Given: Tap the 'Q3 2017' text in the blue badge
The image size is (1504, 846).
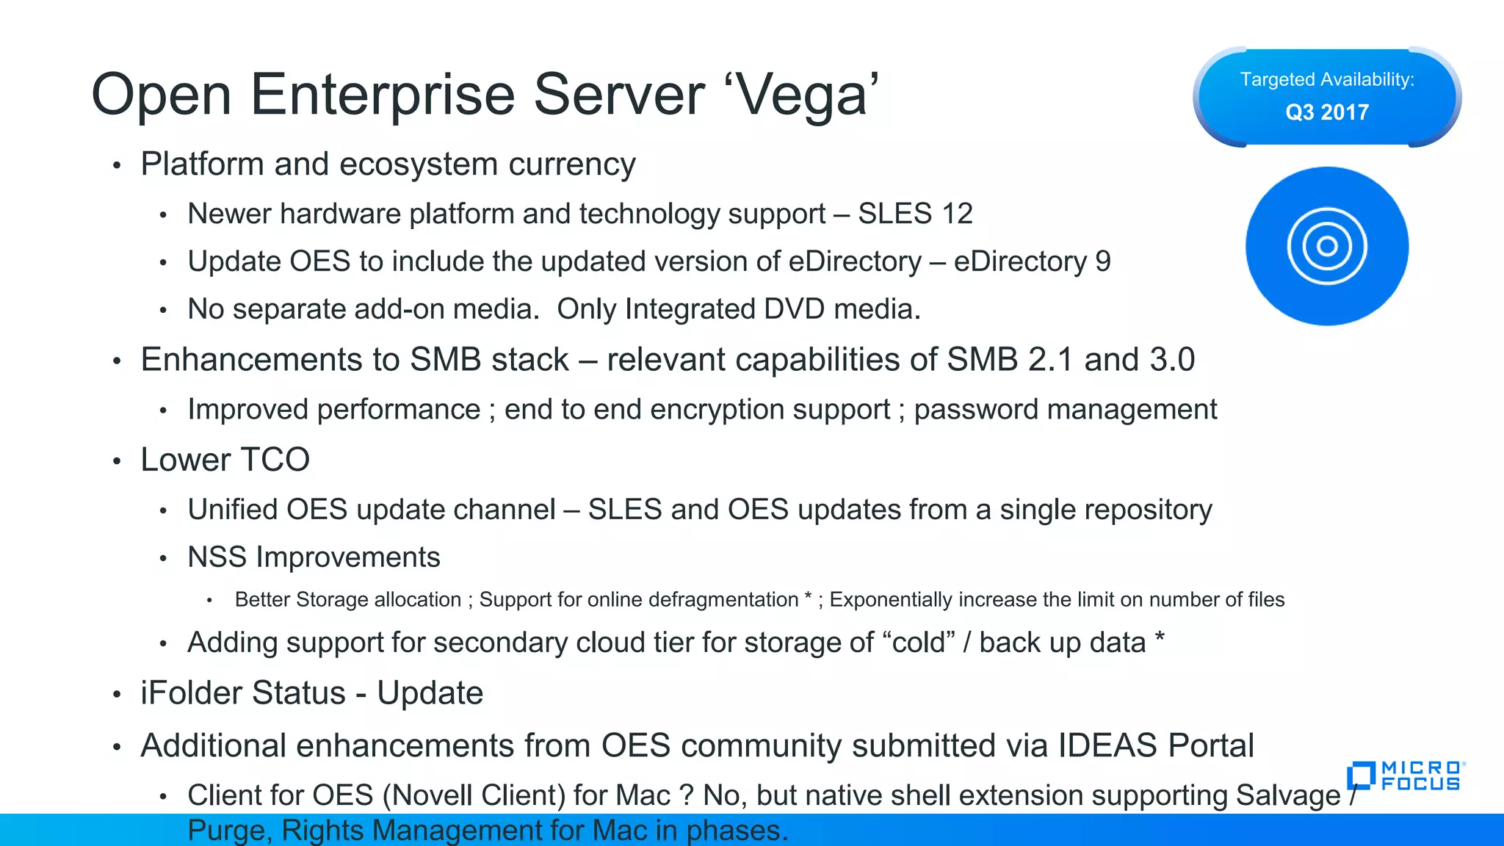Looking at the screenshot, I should (x=1327, y=112).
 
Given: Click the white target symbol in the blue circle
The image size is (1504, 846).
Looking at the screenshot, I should (x=1327, y=246).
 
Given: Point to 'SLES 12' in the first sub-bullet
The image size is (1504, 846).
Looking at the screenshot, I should (x=915, y=214).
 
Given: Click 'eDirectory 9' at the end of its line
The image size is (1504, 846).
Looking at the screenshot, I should (x=1032, y=261).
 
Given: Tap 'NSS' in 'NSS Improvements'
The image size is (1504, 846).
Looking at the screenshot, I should (x=217, y=557).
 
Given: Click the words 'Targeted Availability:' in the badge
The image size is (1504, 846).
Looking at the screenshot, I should (x=1327, y=79).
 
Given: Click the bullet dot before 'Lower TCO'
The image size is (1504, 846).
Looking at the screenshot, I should (x=117, y=461).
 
